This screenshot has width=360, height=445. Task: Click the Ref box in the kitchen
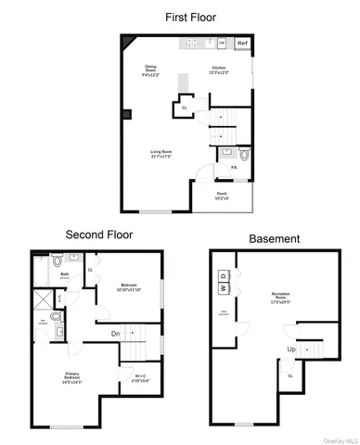(242, 43)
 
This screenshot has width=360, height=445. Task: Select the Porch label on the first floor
(223, 195)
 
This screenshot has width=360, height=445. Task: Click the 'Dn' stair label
(116, 333)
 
